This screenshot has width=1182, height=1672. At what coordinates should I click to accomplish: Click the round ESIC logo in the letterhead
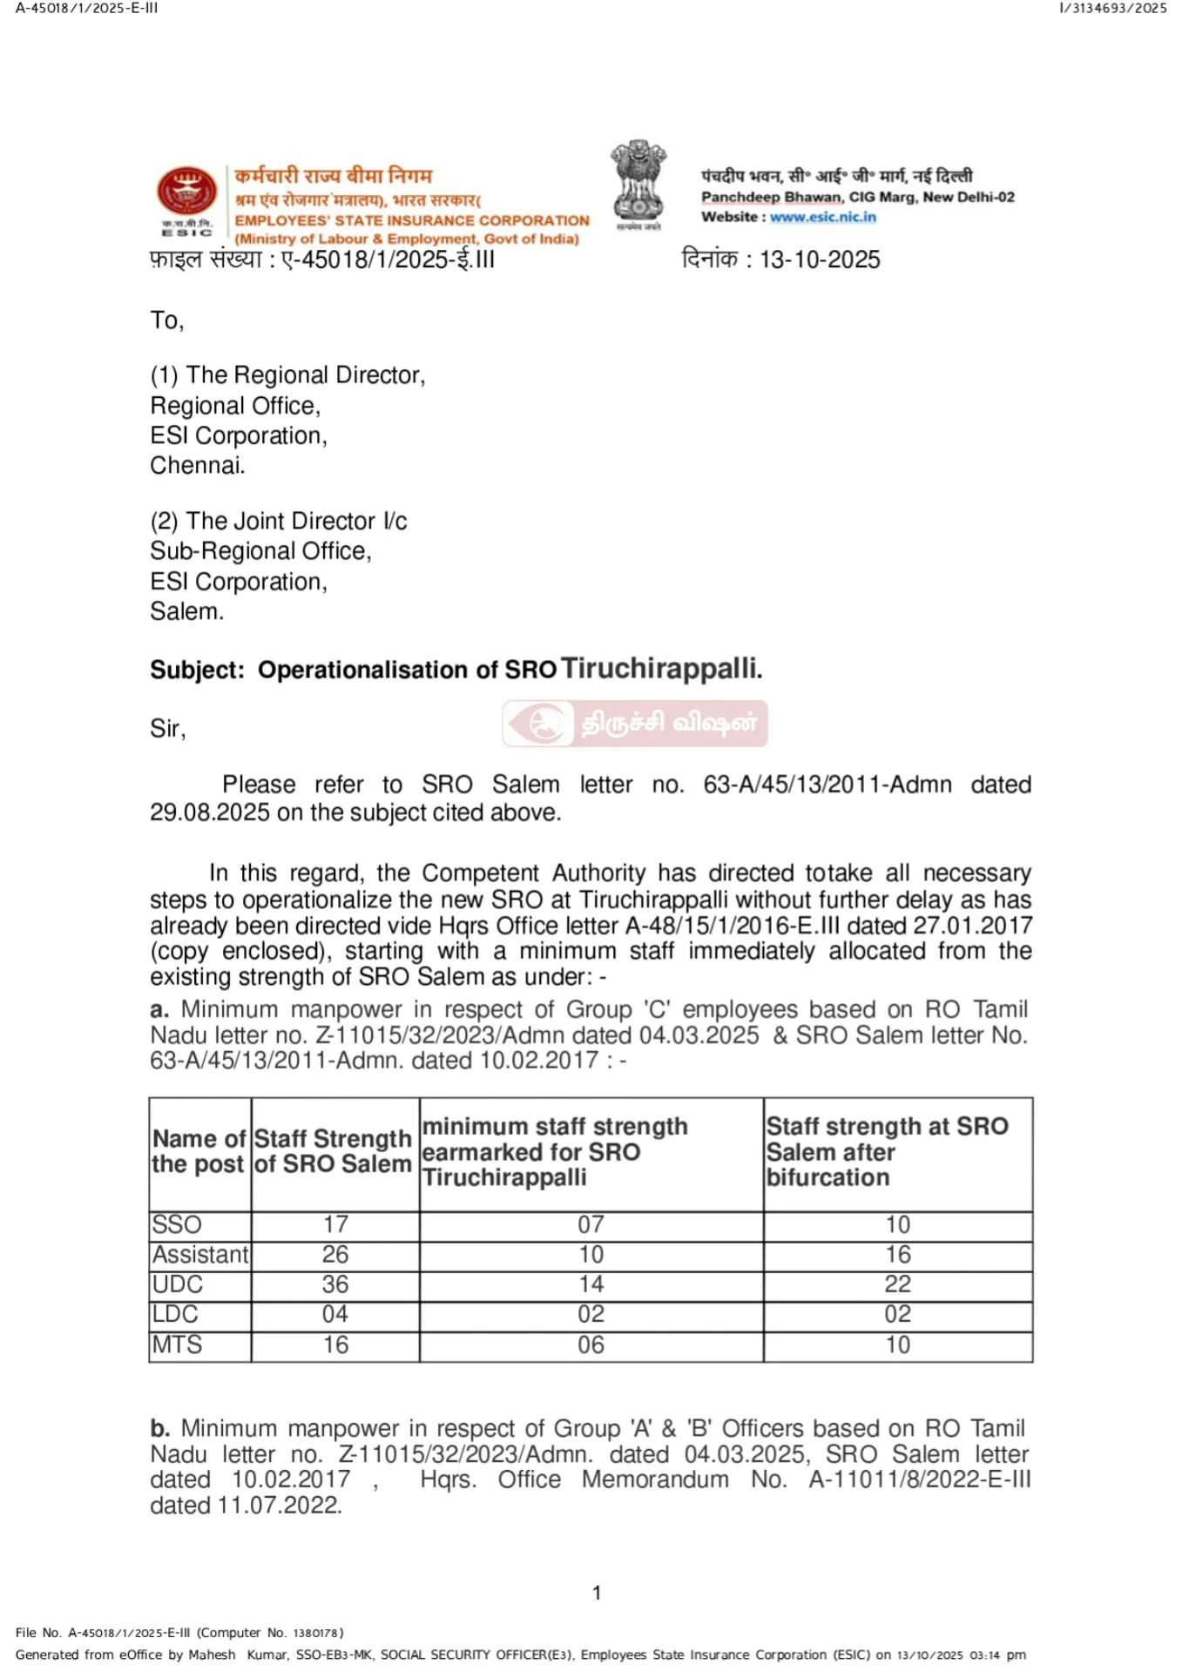coord(186,192)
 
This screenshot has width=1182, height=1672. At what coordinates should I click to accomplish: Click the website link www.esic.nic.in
coord(822,217)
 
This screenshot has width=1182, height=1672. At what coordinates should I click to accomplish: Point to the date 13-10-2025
coord(820,260)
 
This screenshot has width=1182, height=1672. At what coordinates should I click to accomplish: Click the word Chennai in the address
coord(196,465)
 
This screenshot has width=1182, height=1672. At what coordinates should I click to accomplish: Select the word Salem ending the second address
coord(186,611)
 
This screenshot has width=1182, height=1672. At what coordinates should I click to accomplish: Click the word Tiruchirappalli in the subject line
coord(661,668)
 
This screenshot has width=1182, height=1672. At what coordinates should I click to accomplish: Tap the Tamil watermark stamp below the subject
coord(635,723)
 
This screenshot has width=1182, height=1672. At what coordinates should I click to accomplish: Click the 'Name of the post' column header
coord(199,1151)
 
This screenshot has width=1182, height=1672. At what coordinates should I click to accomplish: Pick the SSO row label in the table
coord(177,1224)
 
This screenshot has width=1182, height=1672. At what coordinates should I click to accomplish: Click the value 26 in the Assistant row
coord(335,1254)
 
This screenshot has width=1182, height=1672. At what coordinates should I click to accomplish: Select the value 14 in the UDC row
coord(591,1284)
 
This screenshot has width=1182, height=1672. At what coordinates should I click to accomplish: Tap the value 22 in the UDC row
coord(897,1284)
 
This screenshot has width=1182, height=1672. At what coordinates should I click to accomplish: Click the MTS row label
coord(178,1345)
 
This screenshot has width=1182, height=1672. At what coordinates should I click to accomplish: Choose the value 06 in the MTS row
coord(591,1345)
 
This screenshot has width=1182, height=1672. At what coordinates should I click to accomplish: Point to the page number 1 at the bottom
coord(597,1593)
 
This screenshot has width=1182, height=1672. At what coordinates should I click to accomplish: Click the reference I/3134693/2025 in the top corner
coord(1112,9)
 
